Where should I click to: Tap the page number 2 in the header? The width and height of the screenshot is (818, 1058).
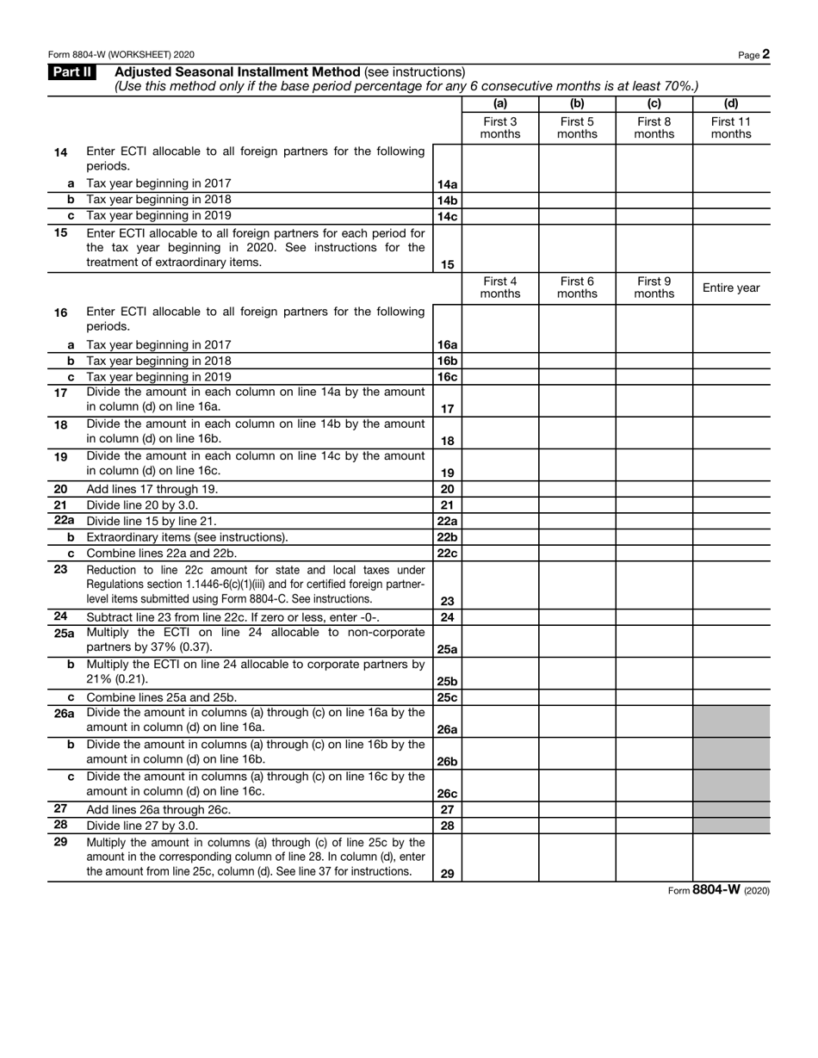tap(765, 54)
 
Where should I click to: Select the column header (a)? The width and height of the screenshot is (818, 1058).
tap(500, 104)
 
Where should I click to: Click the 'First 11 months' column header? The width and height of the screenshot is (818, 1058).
tap(731, 127)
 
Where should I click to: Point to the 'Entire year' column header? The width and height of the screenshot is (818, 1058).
tap(731, 288)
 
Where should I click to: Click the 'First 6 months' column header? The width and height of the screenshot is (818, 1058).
tap(577, 288)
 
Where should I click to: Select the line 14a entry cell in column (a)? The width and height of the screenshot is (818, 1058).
tap(500, 183)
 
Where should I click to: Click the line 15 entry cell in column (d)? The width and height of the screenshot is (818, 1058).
tap(731, 249)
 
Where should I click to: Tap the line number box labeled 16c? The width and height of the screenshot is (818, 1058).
tap(447, 377)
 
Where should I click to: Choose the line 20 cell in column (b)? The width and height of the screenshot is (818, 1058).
tap(577, 489)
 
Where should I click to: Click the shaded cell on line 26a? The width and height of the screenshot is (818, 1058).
tap(731, 721)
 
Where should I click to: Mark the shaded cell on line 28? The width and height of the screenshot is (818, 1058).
tap(731, 826)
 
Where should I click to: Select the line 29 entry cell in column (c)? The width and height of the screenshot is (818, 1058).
tap(654, 857)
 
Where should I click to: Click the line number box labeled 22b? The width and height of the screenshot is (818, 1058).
tap(447, 537)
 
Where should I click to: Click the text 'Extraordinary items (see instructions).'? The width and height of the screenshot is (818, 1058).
tap(187, 537)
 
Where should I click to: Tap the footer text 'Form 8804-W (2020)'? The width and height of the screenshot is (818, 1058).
tap(718, 891)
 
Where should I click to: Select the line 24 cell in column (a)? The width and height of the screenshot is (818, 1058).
tap(500, 617)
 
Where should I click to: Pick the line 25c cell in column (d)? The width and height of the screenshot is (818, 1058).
tap(731, 697)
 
